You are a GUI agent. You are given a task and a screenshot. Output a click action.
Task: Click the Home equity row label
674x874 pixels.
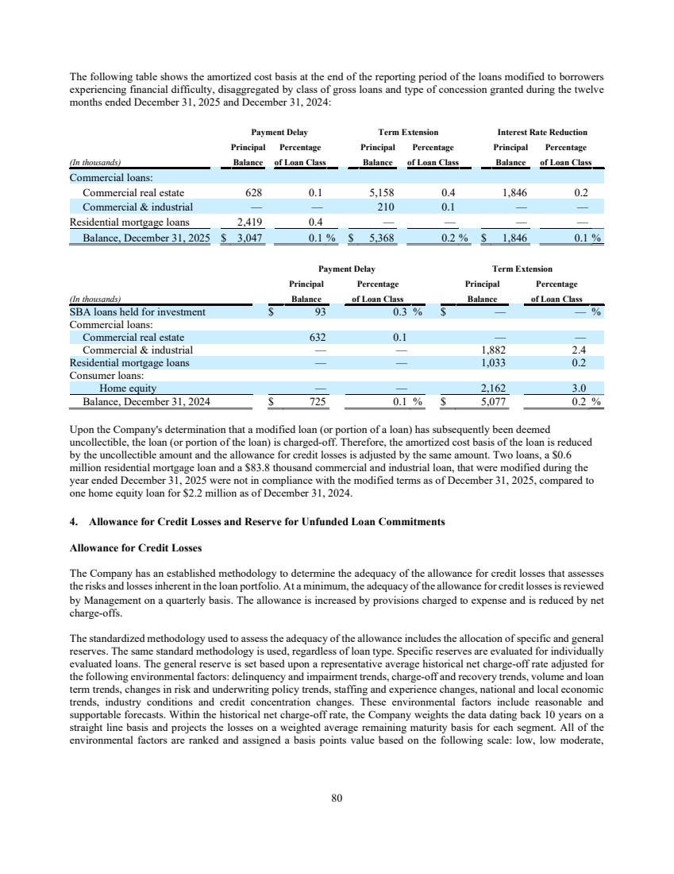[x=127, y=389]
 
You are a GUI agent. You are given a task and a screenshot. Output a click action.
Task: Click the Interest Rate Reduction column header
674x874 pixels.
[x=542, y=132]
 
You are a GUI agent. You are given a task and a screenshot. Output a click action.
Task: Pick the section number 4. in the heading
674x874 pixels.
[x=74, y=522]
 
